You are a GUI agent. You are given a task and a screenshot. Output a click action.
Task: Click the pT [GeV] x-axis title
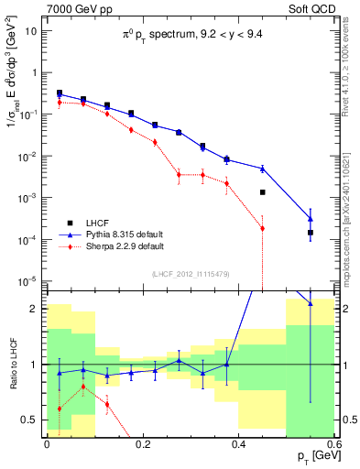[311, 455]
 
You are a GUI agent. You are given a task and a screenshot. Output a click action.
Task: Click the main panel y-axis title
[13, 73]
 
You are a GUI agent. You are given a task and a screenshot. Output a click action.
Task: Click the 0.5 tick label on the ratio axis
[32, 420]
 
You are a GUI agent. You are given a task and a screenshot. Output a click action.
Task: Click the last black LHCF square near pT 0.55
[311, 233]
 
